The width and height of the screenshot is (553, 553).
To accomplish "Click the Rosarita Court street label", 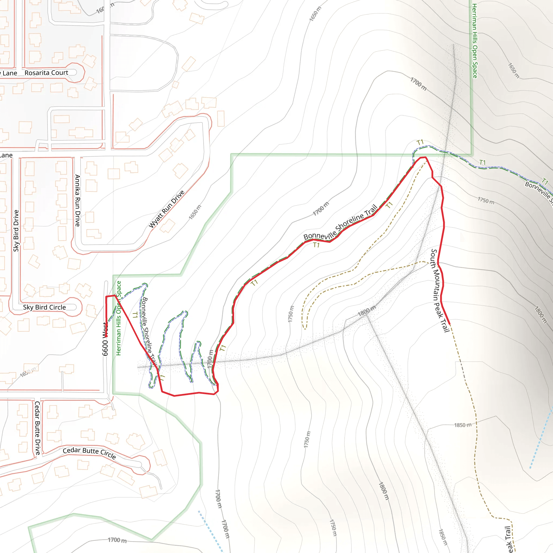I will point(46,73).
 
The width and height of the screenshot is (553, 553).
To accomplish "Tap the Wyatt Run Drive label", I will point(167,209).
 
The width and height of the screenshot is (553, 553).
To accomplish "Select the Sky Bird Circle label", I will point(44,307).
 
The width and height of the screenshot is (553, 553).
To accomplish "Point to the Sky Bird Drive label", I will point(16,231).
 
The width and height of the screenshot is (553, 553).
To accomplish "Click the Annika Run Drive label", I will point(77,200).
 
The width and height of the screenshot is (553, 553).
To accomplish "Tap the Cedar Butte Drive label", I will point(38,428).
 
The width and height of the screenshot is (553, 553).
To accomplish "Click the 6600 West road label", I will point(105,339).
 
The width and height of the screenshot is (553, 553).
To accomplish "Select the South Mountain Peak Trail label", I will point(440,290).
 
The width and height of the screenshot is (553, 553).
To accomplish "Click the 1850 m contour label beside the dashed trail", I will point(463,425).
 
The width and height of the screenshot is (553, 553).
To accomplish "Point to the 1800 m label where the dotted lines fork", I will point(366,311).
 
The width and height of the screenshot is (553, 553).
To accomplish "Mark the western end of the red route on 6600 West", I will point(106,337).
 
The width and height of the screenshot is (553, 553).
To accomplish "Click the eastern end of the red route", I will point(450,324).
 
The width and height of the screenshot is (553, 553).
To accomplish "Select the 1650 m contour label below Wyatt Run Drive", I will point(195,212).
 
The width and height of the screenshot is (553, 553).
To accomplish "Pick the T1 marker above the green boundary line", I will point(420,142).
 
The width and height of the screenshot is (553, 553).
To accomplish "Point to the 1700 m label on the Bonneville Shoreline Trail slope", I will point(321,209).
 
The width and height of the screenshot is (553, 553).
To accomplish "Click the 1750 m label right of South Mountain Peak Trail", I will point(486,200).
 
